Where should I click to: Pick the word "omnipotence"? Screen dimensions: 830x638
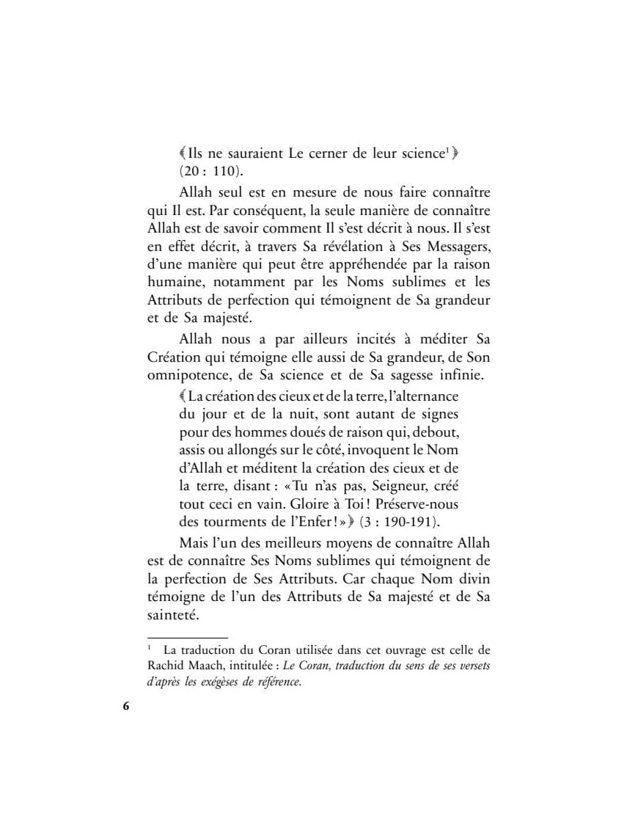pyautogui.click(x=181, y=376)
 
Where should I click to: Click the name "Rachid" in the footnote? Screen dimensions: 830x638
pyautogui.click(x=166, y=665)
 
